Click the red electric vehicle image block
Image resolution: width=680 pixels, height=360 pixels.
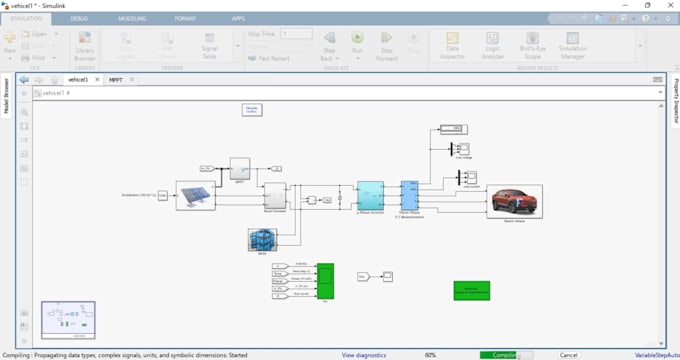(515, 199)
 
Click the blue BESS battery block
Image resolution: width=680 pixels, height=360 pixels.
(261, 239)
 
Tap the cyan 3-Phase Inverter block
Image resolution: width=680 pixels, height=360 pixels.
(370, 195)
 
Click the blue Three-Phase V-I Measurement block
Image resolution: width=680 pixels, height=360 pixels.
(408, 195)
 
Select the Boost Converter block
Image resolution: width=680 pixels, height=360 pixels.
(274, 195)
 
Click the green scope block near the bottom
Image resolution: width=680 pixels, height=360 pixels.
(326, 281)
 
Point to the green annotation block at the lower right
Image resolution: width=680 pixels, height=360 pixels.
(471, 290)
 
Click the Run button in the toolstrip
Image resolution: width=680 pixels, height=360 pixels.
(357, 42)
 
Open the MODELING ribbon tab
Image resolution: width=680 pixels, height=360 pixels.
(131, 18)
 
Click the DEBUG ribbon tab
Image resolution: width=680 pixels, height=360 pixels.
(79, 18)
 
